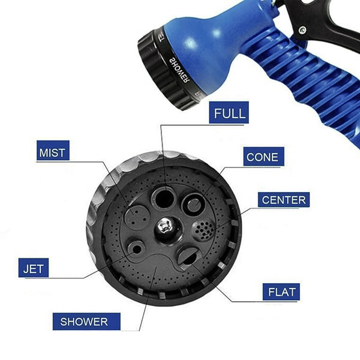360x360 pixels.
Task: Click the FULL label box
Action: click(x=230, y=113)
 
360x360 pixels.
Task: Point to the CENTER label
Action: click(x=284, y=200)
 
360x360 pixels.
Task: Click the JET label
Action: click(x=33, y=268)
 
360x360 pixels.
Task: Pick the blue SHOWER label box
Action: click(x=84, y=322)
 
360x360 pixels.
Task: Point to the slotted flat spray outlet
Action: click(x=187, y=258)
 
